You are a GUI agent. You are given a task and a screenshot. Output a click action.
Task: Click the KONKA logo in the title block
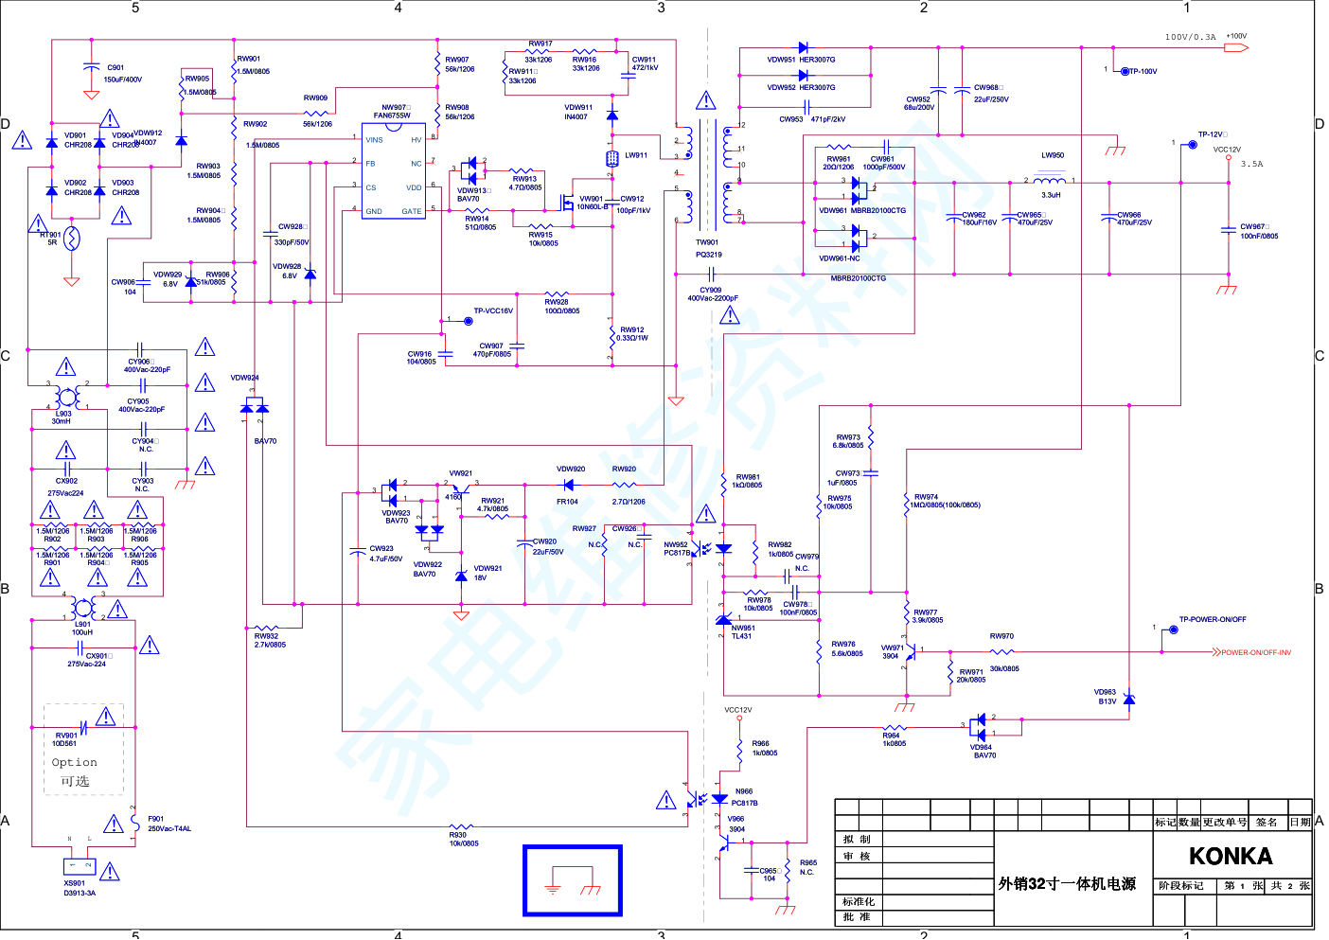tap(1231, 857)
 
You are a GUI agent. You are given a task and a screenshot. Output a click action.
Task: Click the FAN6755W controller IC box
tap(393, 171)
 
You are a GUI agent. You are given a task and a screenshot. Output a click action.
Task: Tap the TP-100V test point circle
tap(1125, 71)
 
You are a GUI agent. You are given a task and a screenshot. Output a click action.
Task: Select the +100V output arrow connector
tap(1236, 47)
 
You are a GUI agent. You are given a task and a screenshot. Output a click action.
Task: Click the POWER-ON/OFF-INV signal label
tap(1255, 652)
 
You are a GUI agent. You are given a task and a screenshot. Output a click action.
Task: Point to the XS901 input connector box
tap(80, 866)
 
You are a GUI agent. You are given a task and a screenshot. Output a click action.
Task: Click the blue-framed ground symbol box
tap(573, 880)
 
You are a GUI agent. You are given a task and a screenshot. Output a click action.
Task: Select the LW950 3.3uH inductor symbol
tap(1049, 180)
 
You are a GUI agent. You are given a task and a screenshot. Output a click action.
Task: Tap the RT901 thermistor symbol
tap(71, 239)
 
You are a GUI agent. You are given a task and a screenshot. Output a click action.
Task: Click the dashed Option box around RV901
tap(84, 749)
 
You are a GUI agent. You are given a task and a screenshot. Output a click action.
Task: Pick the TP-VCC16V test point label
tap(493, 310)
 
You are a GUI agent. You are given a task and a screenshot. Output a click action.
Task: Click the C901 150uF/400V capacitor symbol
tap(91, 67)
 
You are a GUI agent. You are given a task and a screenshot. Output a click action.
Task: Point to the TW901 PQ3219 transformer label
tap(708, 248)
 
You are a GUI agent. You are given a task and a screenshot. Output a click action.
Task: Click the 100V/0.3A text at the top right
tap(1190, 38)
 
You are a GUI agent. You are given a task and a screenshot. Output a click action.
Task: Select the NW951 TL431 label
tap(742, 631)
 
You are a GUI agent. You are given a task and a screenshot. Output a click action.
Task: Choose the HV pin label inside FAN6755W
tap(416, 140)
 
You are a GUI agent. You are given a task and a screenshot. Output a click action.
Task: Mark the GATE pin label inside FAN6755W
tap(412, 211)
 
